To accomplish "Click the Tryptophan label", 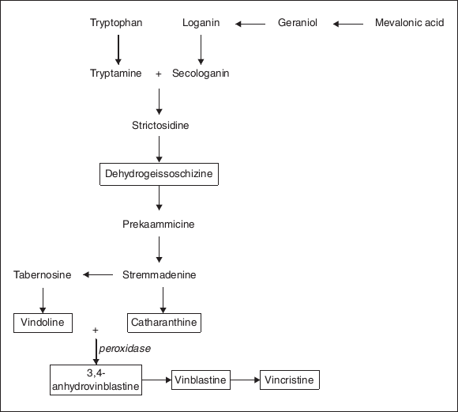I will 116,23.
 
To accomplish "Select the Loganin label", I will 201,23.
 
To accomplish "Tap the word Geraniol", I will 298,23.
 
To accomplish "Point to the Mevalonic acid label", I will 409,23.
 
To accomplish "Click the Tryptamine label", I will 116,74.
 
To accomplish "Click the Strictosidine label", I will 160,125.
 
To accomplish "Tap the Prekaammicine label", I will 159,224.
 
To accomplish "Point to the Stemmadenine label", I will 160,274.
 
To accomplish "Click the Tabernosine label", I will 43,274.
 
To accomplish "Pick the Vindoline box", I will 43,323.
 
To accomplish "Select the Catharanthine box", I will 163,323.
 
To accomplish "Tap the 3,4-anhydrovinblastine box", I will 96,380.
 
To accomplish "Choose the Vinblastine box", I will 201,380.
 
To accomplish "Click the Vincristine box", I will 290,380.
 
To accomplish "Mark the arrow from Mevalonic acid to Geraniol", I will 347,24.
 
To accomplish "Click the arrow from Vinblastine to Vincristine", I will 246,380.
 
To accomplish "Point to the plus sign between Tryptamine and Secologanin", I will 159,74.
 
